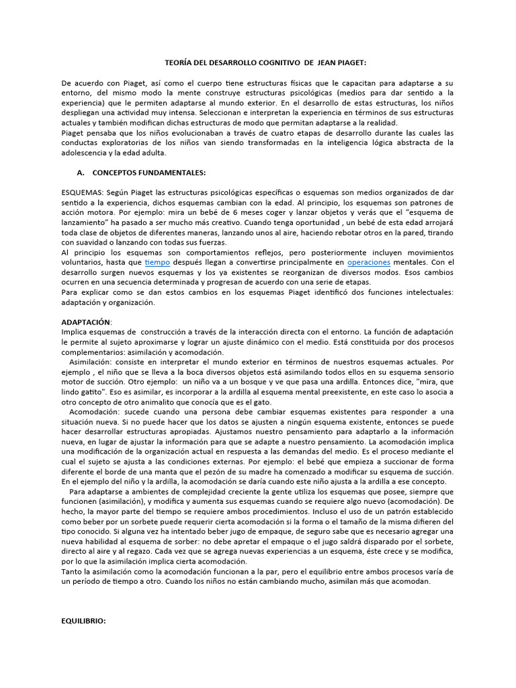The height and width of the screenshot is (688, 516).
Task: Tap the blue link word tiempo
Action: (157, 261)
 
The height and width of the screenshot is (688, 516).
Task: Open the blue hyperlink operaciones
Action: (369, 261)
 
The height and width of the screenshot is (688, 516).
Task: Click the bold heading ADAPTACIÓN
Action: (87, 322)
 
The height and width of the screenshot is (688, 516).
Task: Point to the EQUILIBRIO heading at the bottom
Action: (83, 622)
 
